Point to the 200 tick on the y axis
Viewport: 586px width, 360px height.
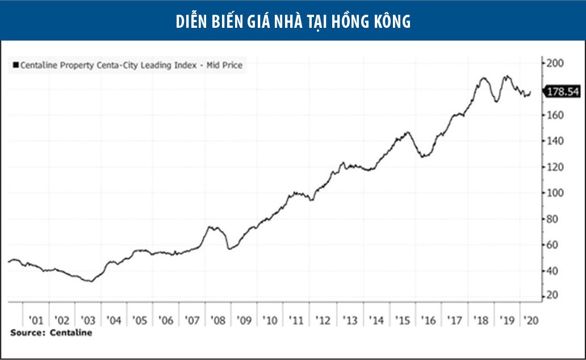(554, 63)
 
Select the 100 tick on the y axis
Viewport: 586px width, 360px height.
(554, 193)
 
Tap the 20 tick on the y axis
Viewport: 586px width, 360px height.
(551, 296)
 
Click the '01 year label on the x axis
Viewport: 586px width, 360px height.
(36, 320)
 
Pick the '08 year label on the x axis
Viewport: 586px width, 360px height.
(218, 320)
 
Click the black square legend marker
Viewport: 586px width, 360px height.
(15, 65)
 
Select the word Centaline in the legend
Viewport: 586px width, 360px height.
(39, 65)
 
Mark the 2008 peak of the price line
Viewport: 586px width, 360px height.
(211, 227)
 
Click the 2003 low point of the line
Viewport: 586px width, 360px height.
(90, 281)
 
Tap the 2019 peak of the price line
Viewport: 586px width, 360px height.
(507, 76)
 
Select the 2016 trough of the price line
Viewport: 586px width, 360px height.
(423, 156)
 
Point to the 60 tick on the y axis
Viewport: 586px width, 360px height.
(551, 245)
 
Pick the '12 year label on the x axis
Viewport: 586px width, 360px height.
(323, 320)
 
